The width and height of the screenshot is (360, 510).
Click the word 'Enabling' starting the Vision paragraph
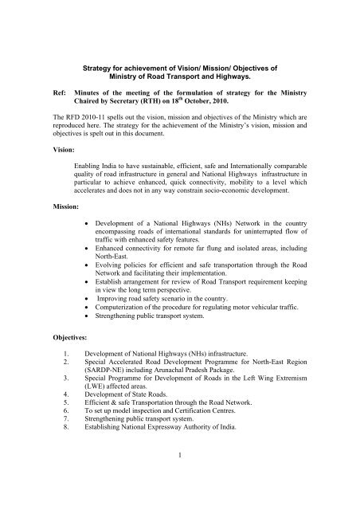click(88, 159)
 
